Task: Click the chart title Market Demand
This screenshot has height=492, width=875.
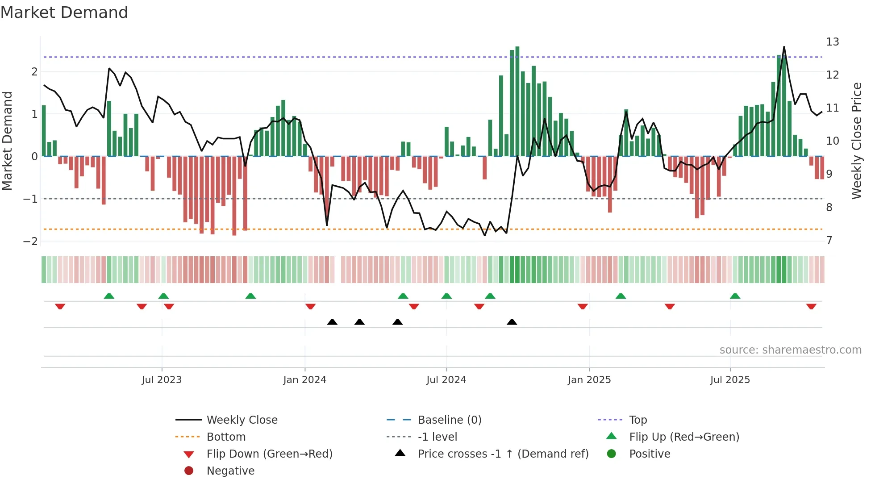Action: pos(64,13)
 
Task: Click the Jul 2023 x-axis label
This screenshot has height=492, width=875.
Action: pos(162,380)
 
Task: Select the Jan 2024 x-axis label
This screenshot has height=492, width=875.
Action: pos(304,380)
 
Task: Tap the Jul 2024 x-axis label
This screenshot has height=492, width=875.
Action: pos(446,380)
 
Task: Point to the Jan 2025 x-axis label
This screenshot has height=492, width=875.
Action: pos(589,380)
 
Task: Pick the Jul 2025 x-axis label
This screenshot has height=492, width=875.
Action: pos(730,380)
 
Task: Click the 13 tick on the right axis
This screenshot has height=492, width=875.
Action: pos(832,42)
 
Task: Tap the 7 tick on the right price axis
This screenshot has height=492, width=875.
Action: pos(829,241)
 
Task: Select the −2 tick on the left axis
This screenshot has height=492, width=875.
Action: pos(30,242)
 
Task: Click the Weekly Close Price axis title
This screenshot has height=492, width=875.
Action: pos(856,141)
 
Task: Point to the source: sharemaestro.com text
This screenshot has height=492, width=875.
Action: pos(790,350)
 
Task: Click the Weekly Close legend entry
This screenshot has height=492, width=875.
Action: pos(242,420)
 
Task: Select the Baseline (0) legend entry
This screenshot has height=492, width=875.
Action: pos(449,420)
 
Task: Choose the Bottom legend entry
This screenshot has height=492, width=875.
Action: pos(226,437)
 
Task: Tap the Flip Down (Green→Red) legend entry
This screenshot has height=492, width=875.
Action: pos(269,454)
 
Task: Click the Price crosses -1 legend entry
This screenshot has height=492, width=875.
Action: pos(503,454)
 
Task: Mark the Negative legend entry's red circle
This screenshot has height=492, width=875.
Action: pos(189,471)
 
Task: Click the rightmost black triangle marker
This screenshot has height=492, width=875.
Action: pos(512,322)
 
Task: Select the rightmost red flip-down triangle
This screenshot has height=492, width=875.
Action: pos(811,306)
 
